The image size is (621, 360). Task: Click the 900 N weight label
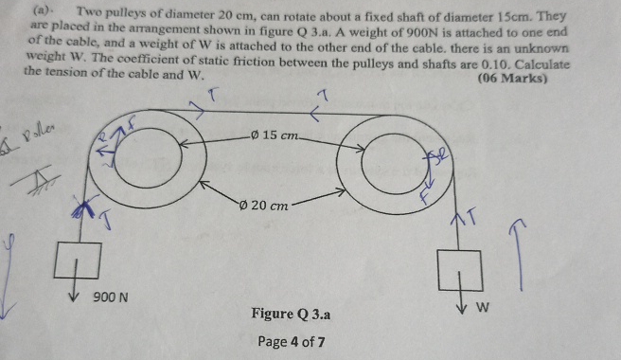click(x=110, y=298)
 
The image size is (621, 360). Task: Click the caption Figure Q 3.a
click(x=291, y=314)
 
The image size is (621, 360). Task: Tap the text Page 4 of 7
click(x=293, y=341)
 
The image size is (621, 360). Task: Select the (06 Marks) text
click(x=513, y=79)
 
